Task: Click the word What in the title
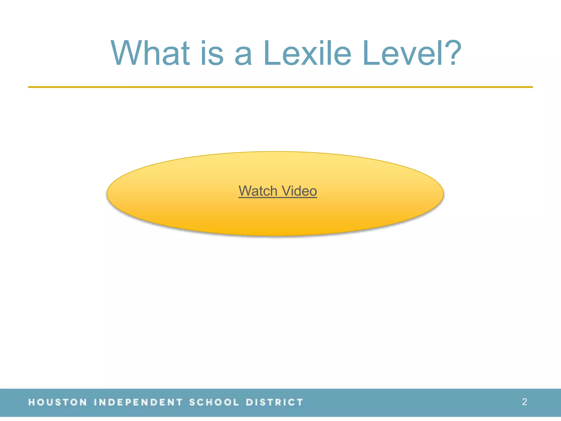(x=150, y=53)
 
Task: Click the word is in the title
(x=212, y=53)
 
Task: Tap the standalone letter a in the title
(x=243, y=56)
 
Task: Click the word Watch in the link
(x=258, y=191)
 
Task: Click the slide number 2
(x=524, y=402)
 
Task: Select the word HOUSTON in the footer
(x=58, y=402)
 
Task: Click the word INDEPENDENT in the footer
(x=138, y=402)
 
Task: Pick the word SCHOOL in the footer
(x=214, y=402)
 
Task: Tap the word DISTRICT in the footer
(x=274, y=402)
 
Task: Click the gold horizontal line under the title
(x=280, y=87)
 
